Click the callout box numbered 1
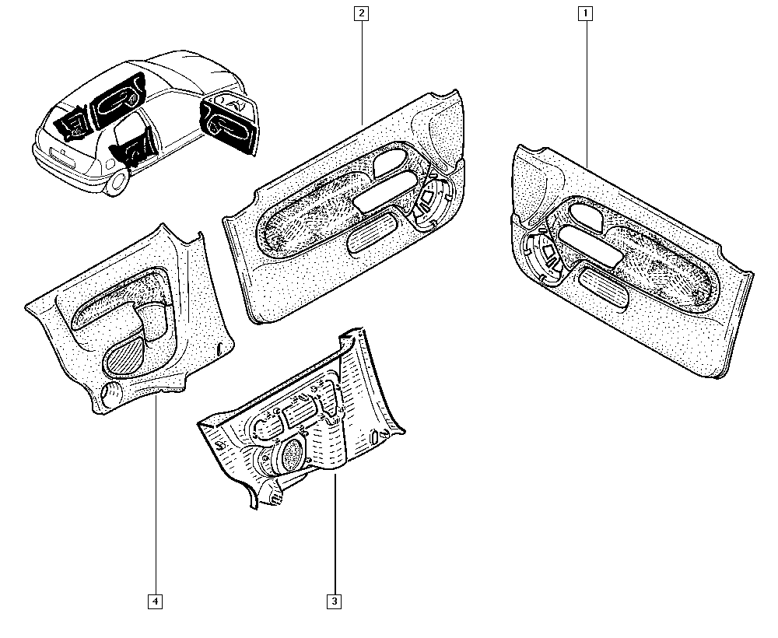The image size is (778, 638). pyautogui.click(x=586, y=13)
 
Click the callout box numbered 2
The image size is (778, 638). pyautogui.click(x=362, y=13)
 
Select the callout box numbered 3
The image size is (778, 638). pyautogui.click(x=335, y=601)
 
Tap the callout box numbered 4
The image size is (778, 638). pyautogui.click(x=156, y=601)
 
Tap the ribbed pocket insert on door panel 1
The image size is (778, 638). pyautogui.click(x=604, y=289)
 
